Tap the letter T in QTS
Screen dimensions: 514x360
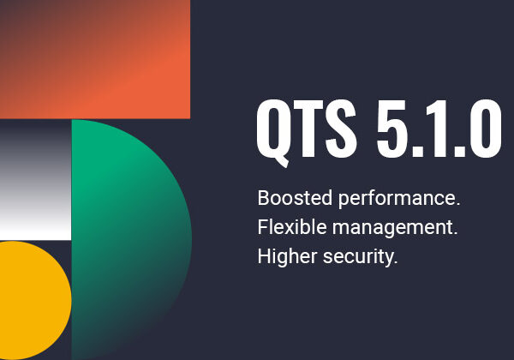point(306,129)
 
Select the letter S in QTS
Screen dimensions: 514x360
point(341,129)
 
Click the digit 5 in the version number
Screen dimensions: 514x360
point(391,129)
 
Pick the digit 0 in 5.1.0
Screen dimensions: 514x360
point(484,129)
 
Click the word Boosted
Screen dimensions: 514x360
point(295,198)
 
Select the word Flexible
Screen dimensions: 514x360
point(292,227)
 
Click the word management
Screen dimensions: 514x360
point(392,228)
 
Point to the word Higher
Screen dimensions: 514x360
point(287,256)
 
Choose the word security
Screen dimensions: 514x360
point(357,257)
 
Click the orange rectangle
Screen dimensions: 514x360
point(95,59)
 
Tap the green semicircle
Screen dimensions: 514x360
point(131,239)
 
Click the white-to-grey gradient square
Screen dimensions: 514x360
point(35,180)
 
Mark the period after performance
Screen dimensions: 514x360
point(458,205)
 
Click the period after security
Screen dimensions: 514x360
point(395,262)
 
